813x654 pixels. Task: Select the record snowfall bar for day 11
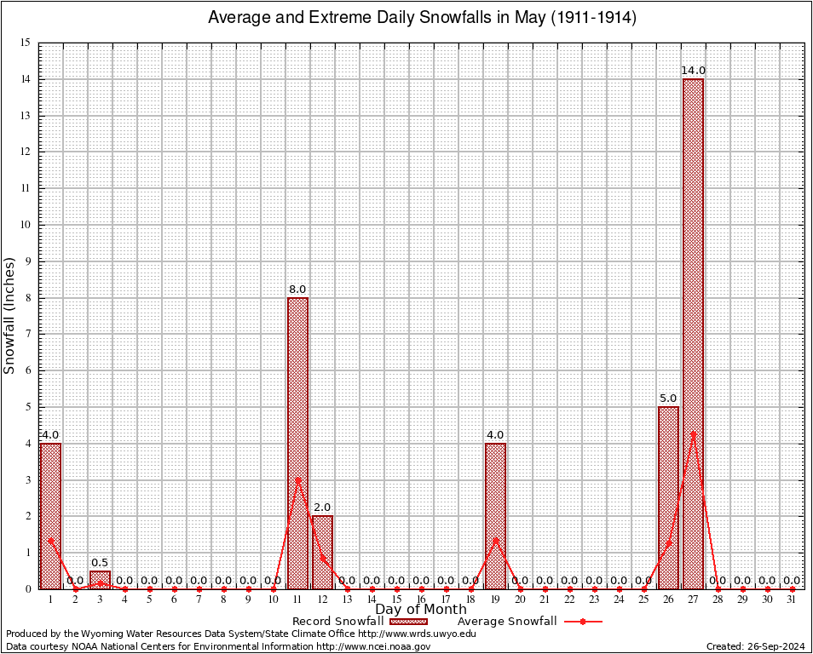pos(297,443)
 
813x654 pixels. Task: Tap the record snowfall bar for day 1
pos(50,515)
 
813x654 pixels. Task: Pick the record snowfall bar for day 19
pos(495,515)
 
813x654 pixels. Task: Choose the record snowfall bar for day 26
pos(668,497)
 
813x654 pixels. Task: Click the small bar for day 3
pos(100,579)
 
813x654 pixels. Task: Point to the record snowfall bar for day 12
pos(322,552)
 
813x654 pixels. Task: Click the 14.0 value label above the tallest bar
pos(693,70)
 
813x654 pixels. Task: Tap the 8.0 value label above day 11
pos(297,289)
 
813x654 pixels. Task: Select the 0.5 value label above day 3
pos(100,562)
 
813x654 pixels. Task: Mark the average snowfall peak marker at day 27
pos(693,433)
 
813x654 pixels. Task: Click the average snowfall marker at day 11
pos(297,479)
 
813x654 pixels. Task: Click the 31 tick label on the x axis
pos(792,599)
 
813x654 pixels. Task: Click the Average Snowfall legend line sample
pos(583,622)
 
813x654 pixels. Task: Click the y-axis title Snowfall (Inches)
pos(10,315)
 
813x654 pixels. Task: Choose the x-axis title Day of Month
pos(420,609)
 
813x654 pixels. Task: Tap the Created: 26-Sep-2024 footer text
pos(755,646)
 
